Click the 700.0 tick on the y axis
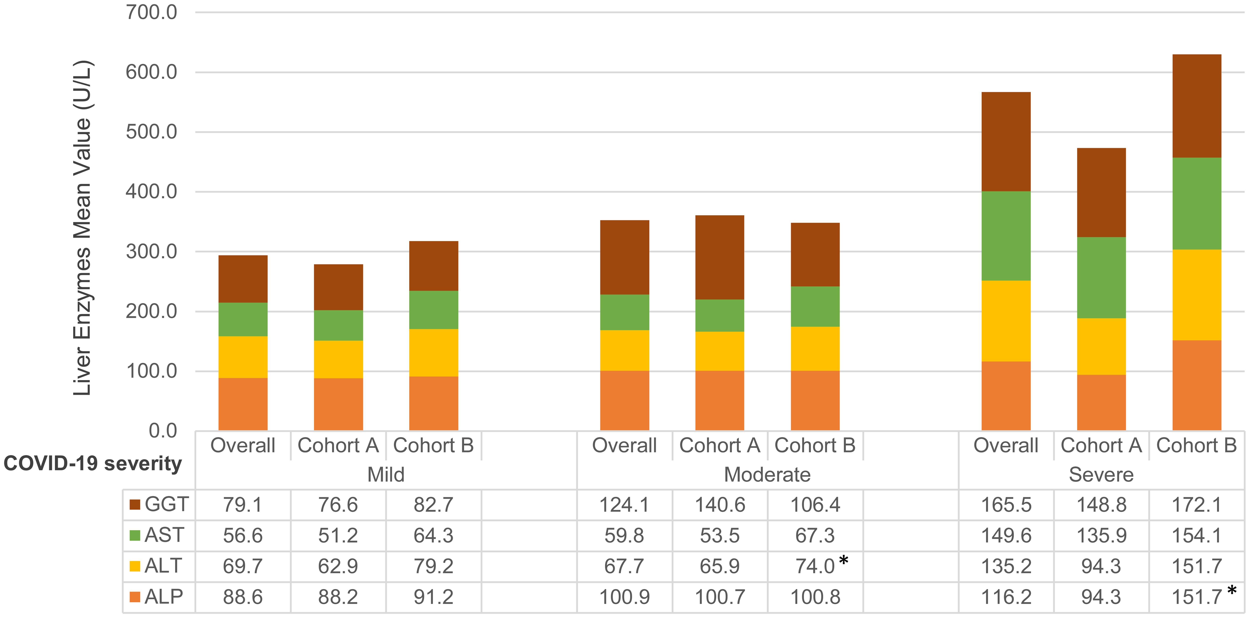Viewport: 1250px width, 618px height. coord(151,12)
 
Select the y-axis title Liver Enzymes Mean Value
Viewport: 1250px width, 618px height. coord(83,228)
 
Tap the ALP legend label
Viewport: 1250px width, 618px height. coord(164,597)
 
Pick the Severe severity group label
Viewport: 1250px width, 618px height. coord(1101,474)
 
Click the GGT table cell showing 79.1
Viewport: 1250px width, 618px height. coord(243,505)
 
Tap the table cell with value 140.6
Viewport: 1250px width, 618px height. coord(720,505)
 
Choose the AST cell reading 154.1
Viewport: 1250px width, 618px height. coord(1197,535)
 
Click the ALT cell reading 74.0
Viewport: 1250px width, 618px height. coord(815,566)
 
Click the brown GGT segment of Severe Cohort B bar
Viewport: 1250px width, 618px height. coord(1197,106)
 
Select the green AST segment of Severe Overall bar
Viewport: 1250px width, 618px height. coord(1006,236)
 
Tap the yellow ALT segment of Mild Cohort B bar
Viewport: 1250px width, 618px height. coord(433,353)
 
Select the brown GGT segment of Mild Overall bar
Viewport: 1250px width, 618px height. coord(243,279)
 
